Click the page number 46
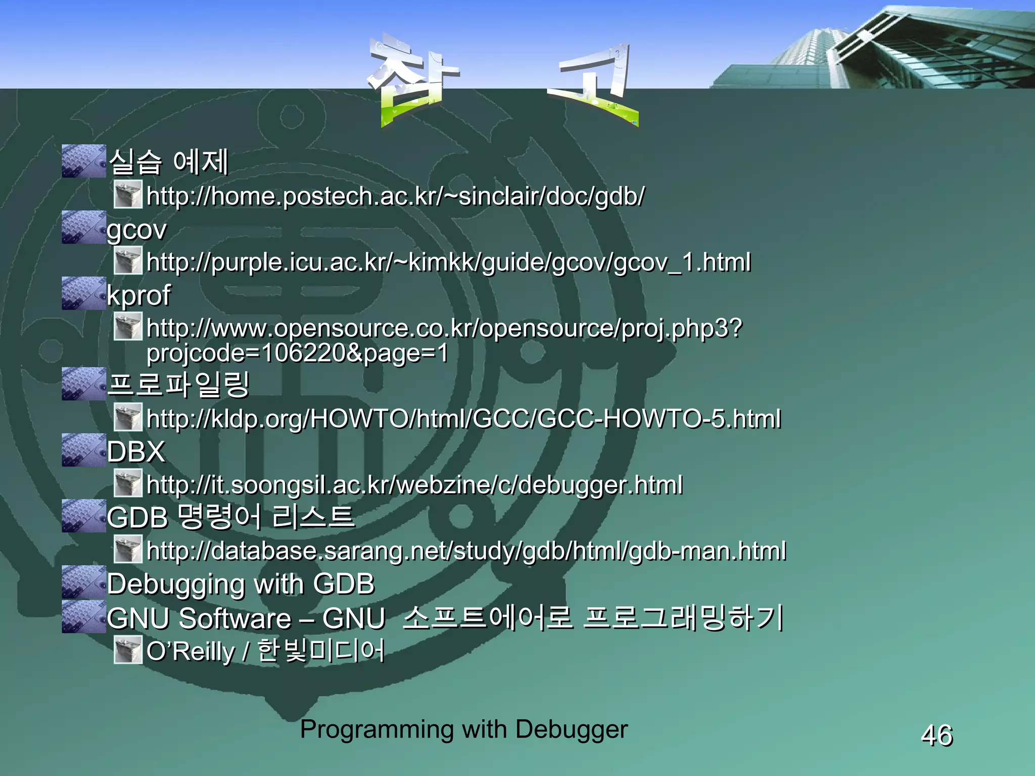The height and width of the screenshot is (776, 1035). tap(936, 735)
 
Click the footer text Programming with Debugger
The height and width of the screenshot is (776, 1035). tap(463, 729)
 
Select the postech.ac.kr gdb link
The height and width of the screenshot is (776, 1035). tap(395, 196)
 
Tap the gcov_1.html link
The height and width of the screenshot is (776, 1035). tap(448, 262)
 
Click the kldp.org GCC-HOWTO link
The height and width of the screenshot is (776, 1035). tap(463, 419)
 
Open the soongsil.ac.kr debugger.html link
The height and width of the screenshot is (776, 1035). tap(414, 484)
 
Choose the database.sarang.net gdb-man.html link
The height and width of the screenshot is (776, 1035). tap(466, 550)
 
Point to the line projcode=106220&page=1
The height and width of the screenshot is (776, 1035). tap(297, 353)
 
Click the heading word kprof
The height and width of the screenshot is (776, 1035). tap(138, 295)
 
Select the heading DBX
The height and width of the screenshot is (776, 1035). tap(136, 451)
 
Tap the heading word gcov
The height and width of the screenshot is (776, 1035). tap(136, 230)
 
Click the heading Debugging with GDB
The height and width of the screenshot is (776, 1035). tap(241, 584)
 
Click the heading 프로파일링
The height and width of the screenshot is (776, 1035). tap(178, 384)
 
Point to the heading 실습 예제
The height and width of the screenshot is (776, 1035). tap(169, 162)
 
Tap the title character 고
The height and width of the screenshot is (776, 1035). tap(594, 81)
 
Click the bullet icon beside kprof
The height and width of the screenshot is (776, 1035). tap(83, 294)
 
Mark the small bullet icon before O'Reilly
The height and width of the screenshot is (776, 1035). tap(127, 650)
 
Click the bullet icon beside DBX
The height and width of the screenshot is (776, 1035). tap(83, 450)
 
